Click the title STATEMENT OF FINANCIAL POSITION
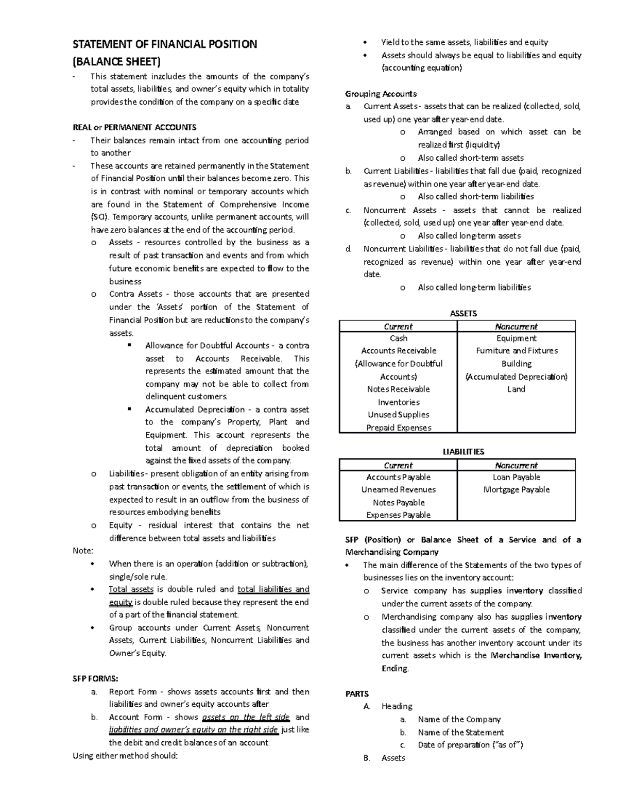click(x=164, y=44)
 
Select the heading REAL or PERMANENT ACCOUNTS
click(x=134, y=127)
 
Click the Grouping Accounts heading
click(x=381, y=94)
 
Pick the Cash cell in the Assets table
click(x=398, y=338)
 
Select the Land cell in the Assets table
click(x=516, y=389)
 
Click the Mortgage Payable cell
click(x=516, y=489)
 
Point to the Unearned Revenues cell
click(x=398, y=489)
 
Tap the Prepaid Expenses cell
click(x=398, y=428)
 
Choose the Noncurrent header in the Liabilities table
click(x=516, y=465)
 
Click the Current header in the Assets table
click(x=398, y=327)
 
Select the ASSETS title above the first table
click(x=463, y=314)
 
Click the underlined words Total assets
click(x=131, y=589)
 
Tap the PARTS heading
click(x=357, y=694)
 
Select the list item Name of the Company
click(x=459, y=720)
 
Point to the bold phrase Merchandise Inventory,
click(x=536, y=656)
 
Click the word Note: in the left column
click(x=83, y=551)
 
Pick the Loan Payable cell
click(x=516, y=478)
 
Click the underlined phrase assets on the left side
click(x=246, y=717)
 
